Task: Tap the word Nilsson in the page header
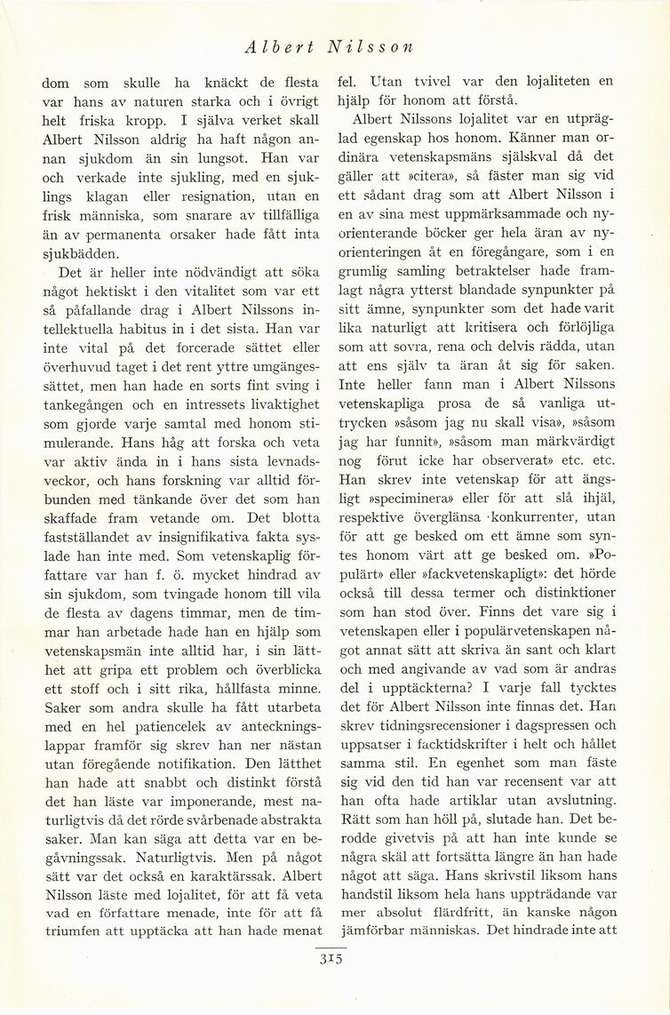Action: [371, 46]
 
